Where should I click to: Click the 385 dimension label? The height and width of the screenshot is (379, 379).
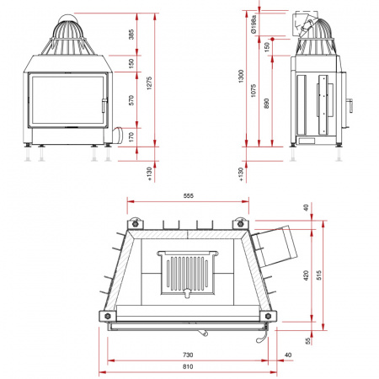[x=131, y=35]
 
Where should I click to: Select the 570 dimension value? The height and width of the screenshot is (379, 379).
[x=131, y=100]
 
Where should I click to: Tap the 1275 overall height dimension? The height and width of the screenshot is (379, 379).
[x=149, y=83]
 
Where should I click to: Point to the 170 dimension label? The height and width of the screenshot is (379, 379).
[x=131, y=137]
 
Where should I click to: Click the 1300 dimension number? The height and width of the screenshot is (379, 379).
[x=241, y=77]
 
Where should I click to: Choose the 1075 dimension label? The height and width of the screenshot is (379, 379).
[x=254, y=90]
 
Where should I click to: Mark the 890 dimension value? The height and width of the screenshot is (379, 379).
[x=266, y=103]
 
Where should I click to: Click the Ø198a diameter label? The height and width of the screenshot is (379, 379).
[x=254, y=24]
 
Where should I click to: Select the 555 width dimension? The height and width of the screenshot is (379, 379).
[x=189, y=195]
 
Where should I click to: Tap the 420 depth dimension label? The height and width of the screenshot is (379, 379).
[x=306, y=275]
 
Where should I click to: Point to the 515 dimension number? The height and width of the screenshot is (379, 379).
[x=318, y=275]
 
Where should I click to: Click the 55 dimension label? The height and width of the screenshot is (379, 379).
[x=308, y=341]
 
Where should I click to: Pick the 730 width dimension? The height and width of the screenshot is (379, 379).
[x=188, y=355]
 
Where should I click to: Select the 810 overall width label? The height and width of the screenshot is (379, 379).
[x=188, y=366]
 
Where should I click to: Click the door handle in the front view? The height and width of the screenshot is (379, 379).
[x=104, y=105]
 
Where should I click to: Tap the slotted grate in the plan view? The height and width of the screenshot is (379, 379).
[x=187, y=273]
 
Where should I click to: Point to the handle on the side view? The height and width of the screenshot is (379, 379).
[x=350, y=105]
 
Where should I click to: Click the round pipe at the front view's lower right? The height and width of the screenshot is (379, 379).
[x=118, y=136]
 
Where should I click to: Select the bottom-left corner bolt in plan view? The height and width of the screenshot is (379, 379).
[x=108, y=317]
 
